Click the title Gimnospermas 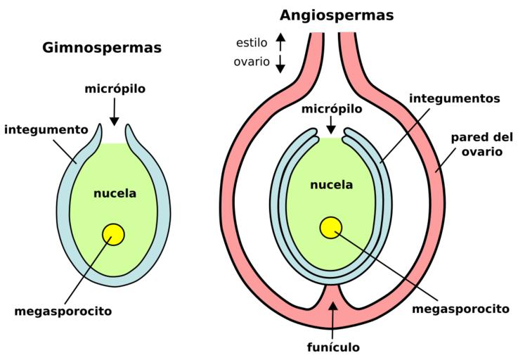(103, 49)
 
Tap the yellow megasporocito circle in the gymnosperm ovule (112, 233)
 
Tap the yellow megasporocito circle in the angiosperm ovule (330, 226)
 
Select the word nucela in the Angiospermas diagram (331, 185)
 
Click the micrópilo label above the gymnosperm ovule (115, 91)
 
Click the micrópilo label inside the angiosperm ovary (331, 109)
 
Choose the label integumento (46, 129)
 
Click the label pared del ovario (477, 144)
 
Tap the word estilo (251, 42)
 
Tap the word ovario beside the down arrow (251, 61)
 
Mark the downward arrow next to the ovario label (280, 63)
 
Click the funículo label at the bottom (332, 347)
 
